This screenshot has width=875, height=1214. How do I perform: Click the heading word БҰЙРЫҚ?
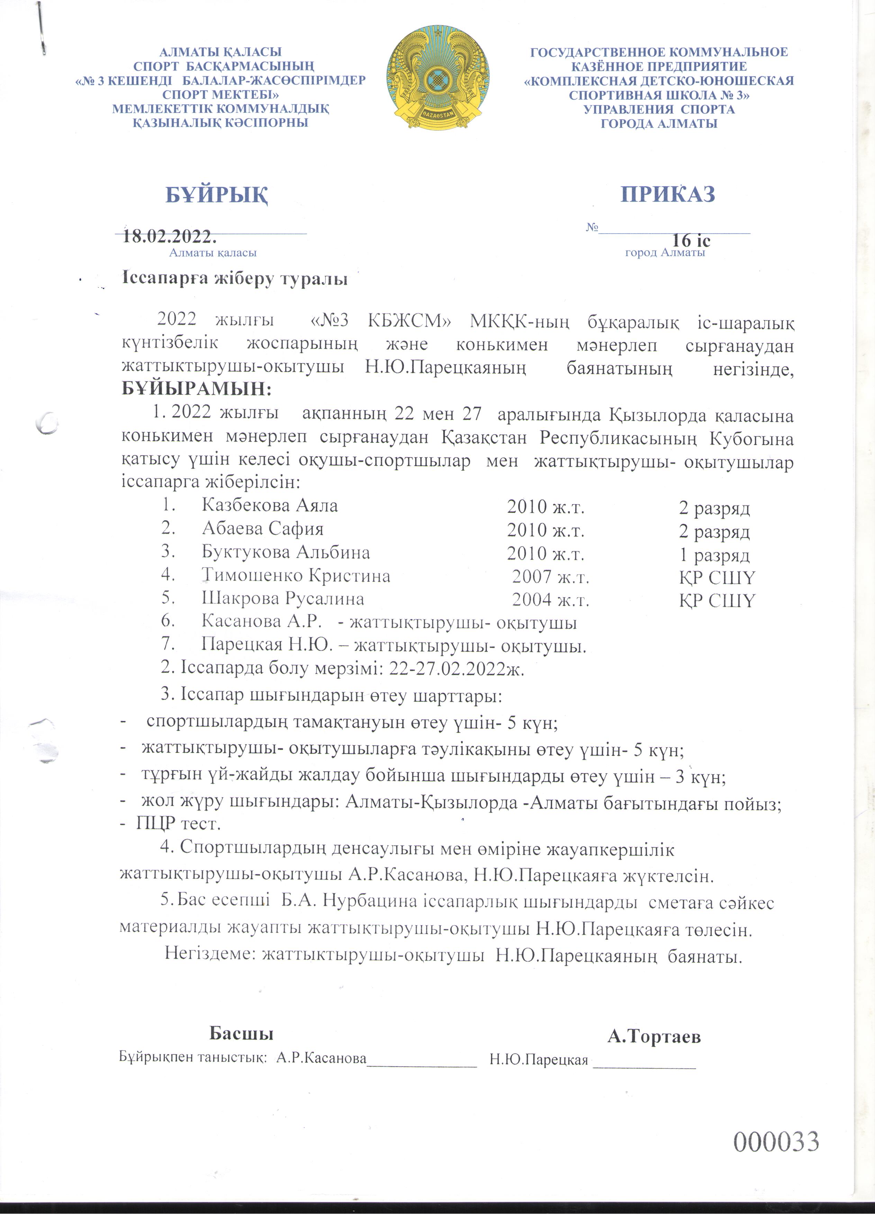point(217,195)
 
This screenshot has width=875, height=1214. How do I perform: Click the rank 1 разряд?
point(714,555)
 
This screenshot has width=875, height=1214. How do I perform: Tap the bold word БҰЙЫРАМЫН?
point(196,389)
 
